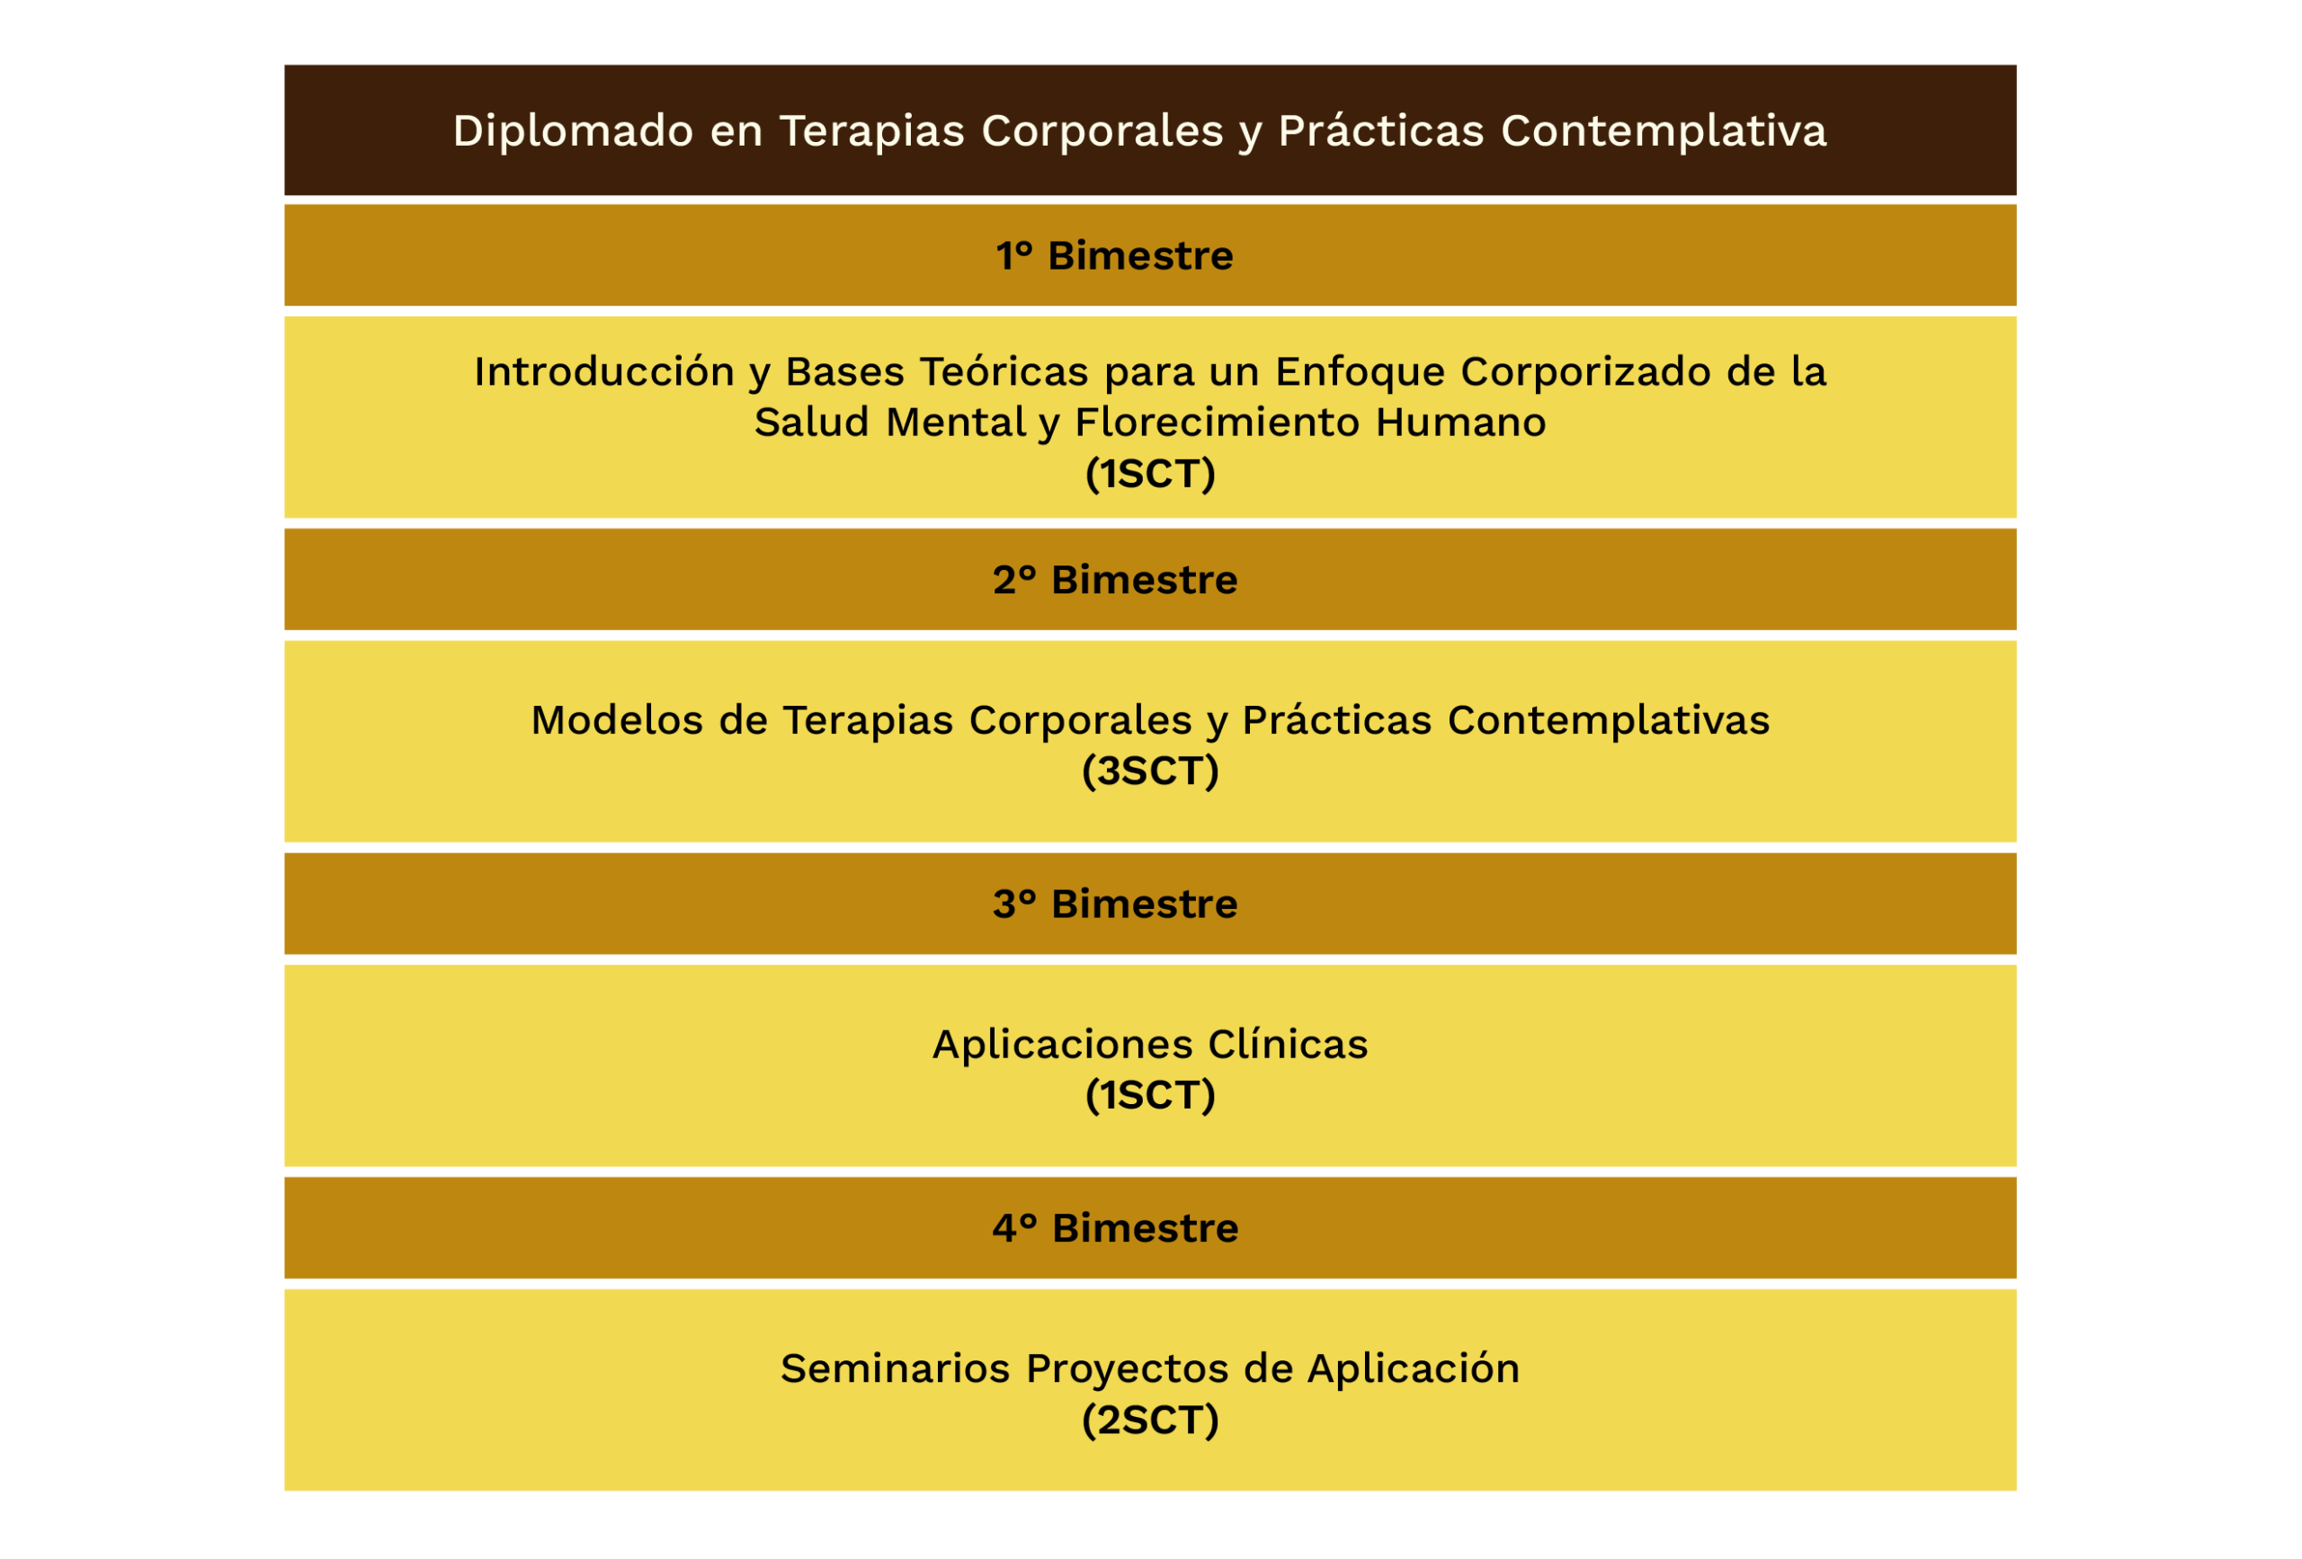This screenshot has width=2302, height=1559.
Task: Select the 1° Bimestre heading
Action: (1114, 255)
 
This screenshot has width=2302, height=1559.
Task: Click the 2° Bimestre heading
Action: (1115, 579)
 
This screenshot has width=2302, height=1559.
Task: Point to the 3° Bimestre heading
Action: (1115, 904)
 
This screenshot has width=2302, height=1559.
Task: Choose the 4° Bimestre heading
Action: (1115, 1227)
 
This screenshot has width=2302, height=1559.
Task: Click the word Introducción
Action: (604, 371)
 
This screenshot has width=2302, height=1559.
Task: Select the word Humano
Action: (1461, 423)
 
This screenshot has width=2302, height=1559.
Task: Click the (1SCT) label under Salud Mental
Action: (1150, 474)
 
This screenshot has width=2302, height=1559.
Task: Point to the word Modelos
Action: (617, 720)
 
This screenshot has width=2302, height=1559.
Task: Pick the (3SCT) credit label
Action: (1150, 771)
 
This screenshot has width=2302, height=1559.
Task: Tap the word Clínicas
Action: (1288, 1044)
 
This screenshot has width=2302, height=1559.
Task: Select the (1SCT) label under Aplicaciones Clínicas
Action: (1150, 1094)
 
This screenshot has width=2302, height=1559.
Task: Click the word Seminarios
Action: (896, 1367)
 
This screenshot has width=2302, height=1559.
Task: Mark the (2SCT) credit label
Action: (1150, 1420)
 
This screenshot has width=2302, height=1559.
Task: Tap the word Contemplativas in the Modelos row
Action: (1609, 721)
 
